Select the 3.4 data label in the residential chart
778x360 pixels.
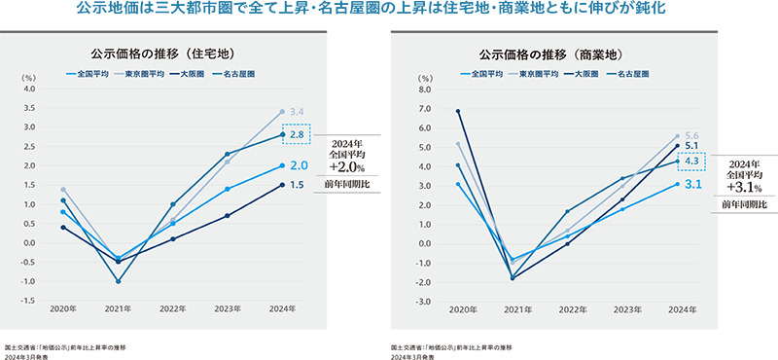coord(297,112)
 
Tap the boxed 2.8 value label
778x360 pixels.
coord(297,134)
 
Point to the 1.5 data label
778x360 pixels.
coord(297,185)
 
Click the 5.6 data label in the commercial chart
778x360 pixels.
coord(692,135)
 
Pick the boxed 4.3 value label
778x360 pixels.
coord(692,162)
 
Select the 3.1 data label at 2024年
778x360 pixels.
coord(692,184)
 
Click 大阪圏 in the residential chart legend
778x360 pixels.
coord(191,73)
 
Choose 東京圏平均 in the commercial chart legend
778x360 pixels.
coord(537,73)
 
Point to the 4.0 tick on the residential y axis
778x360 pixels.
coord(28,89)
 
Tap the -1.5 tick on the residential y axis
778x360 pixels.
coord(28,301)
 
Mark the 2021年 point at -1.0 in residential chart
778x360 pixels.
coord(118,281)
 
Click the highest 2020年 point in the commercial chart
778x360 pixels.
coord(457,111)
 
